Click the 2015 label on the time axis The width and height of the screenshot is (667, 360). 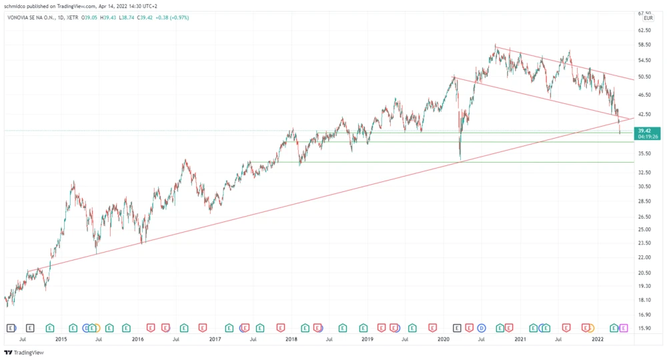[61, 339]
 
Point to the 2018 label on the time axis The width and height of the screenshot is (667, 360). [291, 339]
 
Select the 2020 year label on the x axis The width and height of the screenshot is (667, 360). [445, 339]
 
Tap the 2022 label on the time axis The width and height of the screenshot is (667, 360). [598, 339]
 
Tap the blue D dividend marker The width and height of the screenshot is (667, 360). [480, 327]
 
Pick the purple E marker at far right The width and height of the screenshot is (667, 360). [624, 327]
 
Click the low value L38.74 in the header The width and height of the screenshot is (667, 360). [128, 18]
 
